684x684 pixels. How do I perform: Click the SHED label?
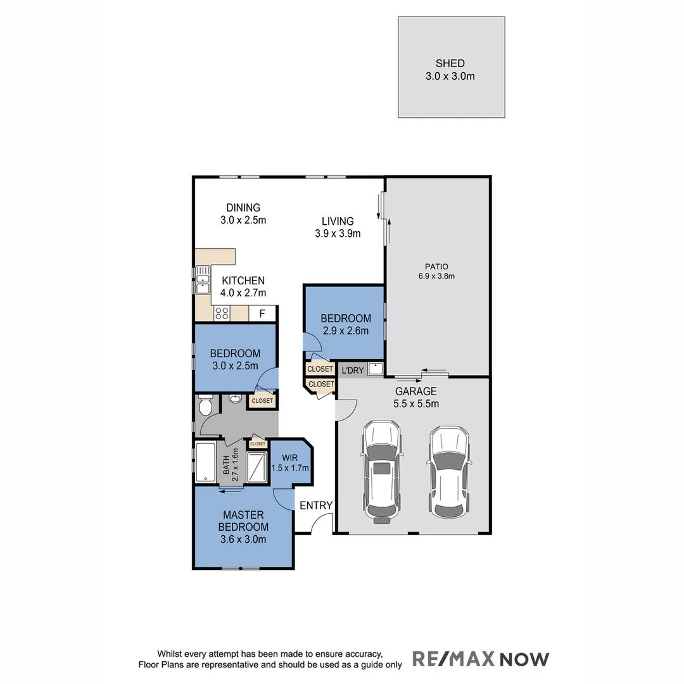[x=450, y=63]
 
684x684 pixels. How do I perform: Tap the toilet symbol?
[x=205, y=406]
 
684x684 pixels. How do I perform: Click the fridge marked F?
[x=261, y=313]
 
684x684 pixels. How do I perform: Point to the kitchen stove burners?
[x=222, y=313]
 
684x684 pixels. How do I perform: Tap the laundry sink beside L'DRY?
[x=376, y=369]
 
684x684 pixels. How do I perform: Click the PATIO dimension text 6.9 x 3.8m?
[x=436, y=275]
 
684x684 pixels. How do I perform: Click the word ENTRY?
[x=316, y=505]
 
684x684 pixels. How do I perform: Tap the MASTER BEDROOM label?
[x=243, y=521]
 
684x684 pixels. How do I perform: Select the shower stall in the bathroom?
[x=258, y=467]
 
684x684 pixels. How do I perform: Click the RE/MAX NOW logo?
[x=481, y=659]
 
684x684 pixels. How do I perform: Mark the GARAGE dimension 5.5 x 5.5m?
[x=416, y=403]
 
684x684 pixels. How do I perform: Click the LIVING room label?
[x=338, y=221]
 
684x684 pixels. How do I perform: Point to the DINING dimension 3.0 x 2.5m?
[x=243, y=220]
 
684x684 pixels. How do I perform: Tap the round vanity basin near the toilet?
[x=234, y=399]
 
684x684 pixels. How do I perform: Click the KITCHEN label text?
[x=243, y=281]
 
